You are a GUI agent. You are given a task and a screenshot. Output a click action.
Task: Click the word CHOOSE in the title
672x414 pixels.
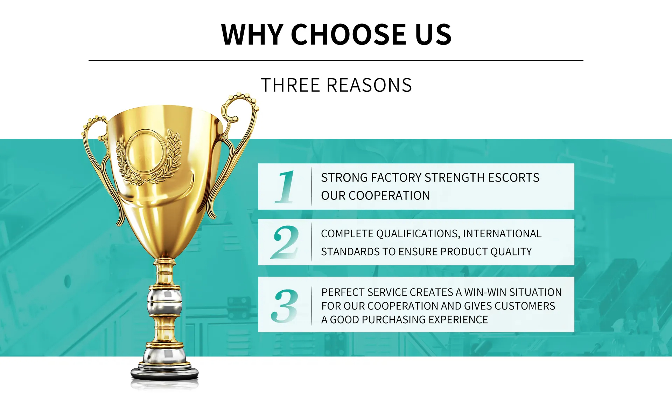click(349, 34)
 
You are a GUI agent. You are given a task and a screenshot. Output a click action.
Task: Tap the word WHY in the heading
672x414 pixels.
click(252, 34)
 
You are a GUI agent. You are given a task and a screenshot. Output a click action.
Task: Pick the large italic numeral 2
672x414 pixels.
click(285, 242)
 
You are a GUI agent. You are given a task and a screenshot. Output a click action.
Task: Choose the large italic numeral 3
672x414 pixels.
click(285, 306)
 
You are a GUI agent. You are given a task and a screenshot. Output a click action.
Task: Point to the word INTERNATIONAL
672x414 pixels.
click(502, 233)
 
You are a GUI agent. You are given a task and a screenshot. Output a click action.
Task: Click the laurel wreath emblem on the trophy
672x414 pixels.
click(149, 156)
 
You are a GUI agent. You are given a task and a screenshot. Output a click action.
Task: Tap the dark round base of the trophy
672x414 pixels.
click(164, 373)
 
